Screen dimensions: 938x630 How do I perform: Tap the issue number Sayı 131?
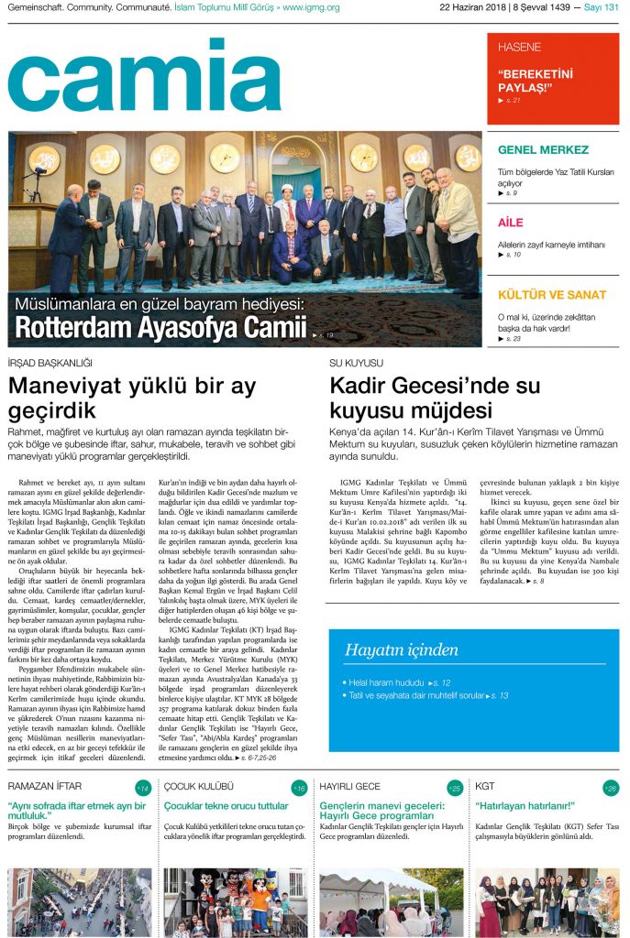pyautogui.click(x=600, y=7)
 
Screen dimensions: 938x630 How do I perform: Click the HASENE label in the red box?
pyautogui.click(x=519, y=47)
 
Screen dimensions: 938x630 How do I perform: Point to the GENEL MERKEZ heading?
pyautogui.click(x=543, y=149)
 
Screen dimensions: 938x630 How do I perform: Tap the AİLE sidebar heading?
pyautogui.click(x=510, y=223)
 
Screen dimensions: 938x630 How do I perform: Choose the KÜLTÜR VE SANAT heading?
pyautogui.click(x=552, y=295)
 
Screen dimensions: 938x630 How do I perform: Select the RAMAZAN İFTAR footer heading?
pyautogui.click(x=45, y=787)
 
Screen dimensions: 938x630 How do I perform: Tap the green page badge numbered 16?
pyautogui.click(x=299, y=788)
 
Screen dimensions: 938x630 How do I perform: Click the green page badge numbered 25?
pyautogui.click(x=455, y=788)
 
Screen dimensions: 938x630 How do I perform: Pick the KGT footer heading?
pyautogui.click(x=485, y=787)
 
